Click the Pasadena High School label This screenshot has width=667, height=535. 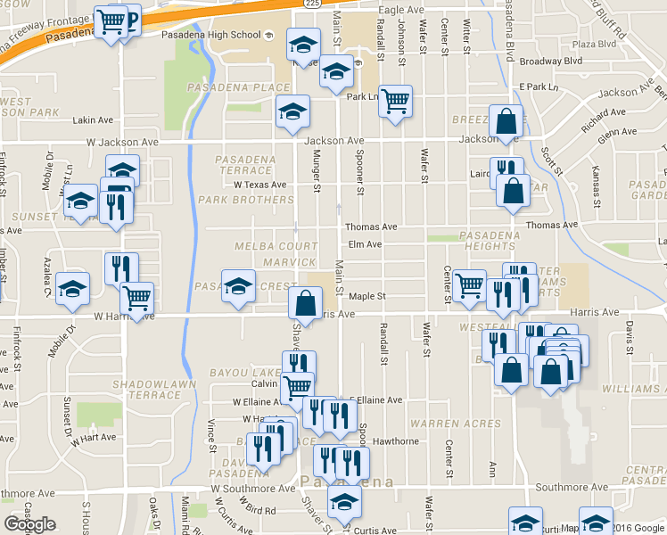(210, 35)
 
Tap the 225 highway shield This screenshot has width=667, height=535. (311, 4)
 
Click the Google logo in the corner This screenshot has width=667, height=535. (29, 524)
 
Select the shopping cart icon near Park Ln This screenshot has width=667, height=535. (395, 100)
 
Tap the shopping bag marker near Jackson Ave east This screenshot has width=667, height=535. (506, 121)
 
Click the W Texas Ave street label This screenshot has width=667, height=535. (260, 185)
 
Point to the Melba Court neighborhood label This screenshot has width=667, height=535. (276, 245)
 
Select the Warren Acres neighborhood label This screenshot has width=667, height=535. (456, 424)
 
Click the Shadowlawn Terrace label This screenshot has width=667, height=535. (148, 388)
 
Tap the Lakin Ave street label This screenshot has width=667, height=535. (94, 120)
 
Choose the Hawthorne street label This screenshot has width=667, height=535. (396, 440)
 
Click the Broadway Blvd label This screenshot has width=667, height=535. (550, 62)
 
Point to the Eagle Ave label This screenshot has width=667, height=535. (400, 10)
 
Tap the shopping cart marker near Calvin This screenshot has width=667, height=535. (297, 386)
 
